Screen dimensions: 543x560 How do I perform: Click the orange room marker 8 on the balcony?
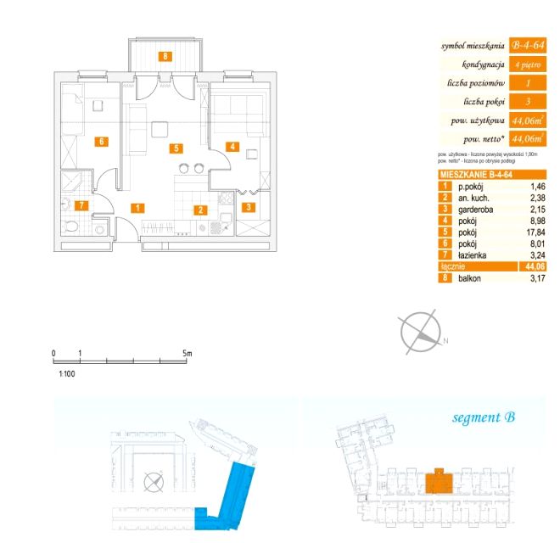tap(166, 57)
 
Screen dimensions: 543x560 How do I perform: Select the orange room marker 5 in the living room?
tap(176, 148)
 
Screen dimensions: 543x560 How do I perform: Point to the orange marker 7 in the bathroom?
tap(81, 205)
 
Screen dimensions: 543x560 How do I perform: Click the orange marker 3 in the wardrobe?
tap(249, 206)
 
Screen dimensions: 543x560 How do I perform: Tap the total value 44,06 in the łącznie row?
tap(534, 266)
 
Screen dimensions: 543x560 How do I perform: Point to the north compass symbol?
tap(421, 330)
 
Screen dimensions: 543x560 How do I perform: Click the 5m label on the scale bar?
tap(188, 352)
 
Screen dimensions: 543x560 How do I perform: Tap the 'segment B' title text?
tap(484, 417)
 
